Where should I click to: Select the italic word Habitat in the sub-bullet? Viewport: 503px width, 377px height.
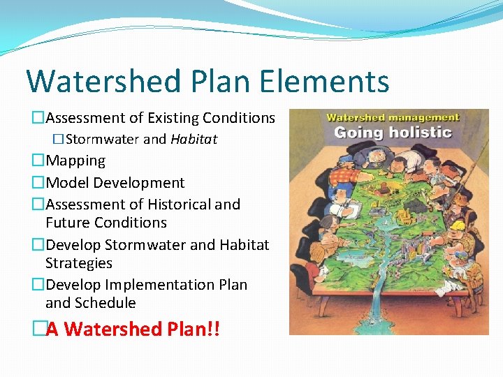[194, 139]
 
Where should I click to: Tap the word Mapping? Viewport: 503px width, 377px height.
[75, 161]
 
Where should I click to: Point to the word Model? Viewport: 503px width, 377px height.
[68, 183]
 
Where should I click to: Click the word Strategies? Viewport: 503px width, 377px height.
[79, 263]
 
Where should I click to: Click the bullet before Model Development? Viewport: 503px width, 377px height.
[38, 183]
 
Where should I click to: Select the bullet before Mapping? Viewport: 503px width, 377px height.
[38, 161]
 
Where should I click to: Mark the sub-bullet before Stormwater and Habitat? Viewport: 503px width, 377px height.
[59, 139]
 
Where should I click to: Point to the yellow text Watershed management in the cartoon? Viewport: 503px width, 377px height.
[393, 118]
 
